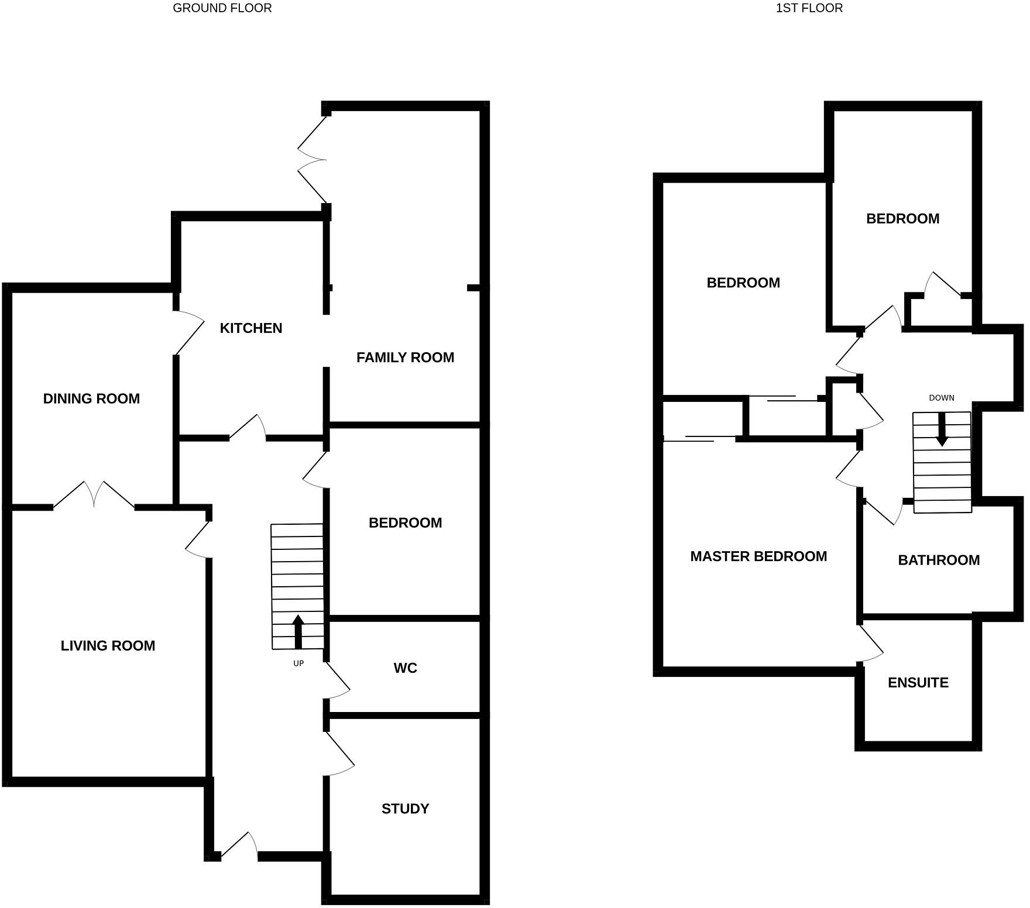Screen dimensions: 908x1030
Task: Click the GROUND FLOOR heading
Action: [222, 8]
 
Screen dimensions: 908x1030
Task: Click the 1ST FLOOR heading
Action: [809, 8]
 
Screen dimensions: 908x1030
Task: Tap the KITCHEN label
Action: [251, 328]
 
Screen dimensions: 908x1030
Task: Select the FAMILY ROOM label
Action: [405, 357]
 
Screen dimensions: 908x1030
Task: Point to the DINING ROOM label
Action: [91, 398]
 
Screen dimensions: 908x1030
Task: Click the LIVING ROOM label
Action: [108, 646]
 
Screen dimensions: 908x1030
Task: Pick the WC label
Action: [405, 668]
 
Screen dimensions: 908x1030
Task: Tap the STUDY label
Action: [405, 809]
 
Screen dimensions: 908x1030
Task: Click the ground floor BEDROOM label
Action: [405, 523]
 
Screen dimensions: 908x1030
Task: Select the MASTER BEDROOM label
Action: [758, 556]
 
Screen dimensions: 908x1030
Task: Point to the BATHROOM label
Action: [939, 560]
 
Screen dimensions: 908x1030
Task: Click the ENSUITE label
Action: [918, 683]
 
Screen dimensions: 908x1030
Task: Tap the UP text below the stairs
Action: [298, 663]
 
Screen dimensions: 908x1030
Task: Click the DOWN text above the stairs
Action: [941, 398]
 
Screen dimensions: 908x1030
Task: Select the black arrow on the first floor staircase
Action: [942, 430]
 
